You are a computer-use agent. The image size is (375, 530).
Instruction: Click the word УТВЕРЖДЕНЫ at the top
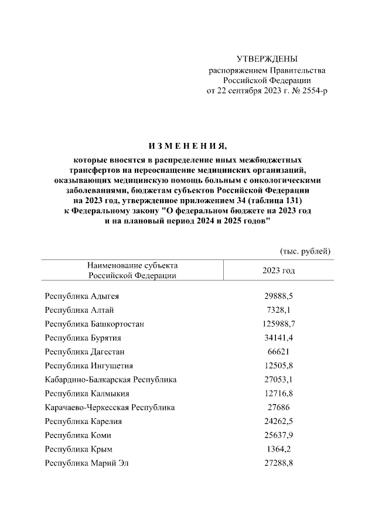267,59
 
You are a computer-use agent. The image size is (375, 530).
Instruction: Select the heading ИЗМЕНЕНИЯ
187,145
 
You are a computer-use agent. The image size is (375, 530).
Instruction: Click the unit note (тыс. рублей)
306,251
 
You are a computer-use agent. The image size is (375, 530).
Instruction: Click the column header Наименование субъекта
132,265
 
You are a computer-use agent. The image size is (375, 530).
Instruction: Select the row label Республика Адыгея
86,296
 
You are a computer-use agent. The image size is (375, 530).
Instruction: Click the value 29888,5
279,296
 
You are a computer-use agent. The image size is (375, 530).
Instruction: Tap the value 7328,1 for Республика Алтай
279,310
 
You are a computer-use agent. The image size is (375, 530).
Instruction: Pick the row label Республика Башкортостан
94,323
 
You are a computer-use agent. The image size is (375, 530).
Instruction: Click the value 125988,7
279,323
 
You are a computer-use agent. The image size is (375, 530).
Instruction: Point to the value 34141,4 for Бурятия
279,337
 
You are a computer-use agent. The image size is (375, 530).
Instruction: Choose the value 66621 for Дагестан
279,351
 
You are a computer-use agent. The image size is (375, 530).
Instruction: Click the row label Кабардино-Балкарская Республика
110,379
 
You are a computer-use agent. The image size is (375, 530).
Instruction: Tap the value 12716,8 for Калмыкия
279,393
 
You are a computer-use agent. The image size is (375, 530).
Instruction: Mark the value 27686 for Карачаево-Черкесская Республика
279,407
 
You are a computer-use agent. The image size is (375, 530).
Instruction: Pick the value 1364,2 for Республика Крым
279,449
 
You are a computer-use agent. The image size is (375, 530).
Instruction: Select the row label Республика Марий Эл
87,463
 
